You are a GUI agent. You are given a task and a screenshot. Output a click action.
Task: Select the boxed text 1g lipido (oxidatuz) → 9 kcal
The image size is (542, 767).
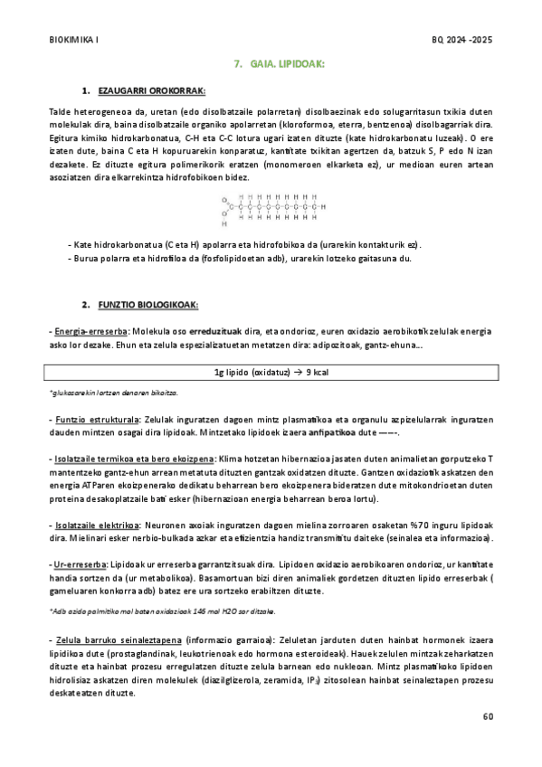tap(271, 372)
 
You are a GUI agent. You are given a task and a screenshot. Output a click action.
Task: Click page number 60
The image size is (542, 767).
tap(489, 716)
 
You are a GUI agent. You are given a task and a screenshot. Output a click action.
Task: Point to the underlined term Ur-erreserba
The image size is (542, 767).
tap(80, 563)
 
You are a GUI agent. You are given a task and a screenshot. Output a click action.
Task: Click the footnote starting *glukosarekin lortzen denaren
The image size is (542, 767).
tap(100, 393)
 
